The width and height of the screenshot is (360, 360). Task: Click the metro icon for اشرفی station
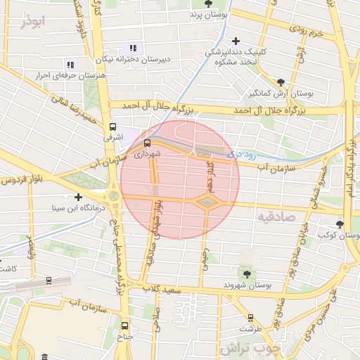pos(112,127)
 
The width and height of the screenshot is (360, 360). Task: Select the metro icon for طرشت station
pos(248,317)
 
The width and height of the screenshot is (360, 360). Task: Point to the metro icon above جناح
pos(125,326)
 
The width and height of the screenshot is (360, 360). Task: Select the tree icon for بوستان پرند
pos(203,4)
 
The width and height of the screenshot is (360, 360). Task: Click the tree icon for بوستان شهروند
pos(246,273)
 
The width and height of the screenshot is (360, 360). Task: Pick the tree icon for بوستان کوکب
pos(340,224)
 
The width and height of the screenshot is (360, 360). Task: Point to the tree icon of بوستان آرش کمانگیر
pos(281,82)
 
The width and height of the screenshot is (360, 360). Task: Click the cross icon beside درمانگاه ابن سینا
pos(78,197)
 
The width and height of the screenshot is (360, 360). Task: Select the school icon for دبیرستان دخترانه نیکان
pos(132,48)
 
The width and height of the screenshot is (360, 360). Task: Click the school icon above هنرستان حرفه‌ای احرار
pos(69,64)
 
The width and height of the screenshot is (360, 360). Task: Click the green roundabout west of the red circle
pos(113,195)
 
